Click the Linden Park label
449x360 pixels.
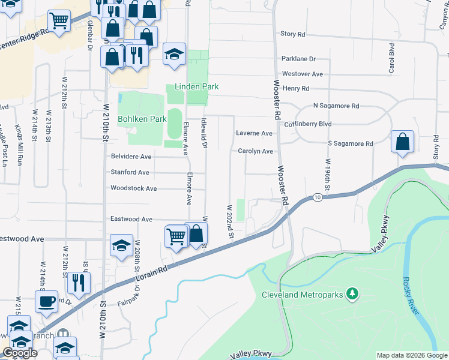coord(196,86)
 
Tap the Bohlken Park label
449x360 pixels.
coord(142,119)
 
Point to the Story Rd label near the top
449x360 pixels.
coord(293,34)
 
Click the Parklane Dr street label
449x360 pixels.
coord(298,59)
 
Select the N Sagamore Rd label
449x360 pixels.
coord(336,106)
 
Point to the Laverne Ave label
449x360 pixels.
coord(255,133)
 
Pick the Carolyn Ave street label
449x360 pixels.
coord(255,151)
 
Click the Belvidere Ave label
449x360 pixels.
coord(131,157)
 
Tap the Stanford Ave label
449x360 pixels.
coord(130,172)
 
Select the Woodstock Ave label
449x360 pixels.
coord(133,188)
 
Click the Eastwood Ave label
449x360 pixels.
coord(131,220)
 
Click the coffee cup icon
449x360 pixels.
coord(46,301)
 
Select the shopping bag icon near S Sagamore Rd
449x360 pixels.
coord(402,142)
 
